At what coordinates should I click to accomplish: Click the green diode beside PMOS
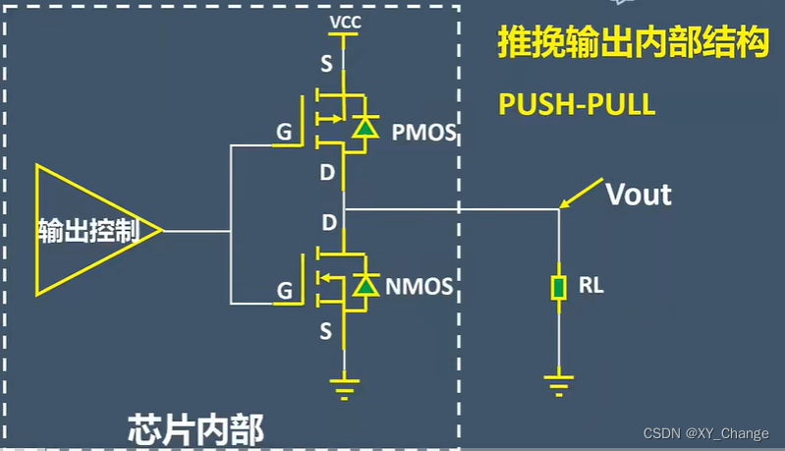[365, 127]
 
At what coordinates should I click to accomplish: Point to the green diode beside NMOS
[365, 286]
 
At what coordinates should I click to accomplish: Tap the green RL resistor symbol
[559, 288]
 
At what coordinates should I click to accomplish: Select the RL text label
[591, 287]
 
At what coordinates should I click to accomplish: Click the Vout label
[639, 194]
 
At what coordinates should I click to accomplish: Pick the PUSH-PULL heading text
[577, 105]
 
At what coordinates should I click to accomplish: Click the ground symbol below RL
[559, 383]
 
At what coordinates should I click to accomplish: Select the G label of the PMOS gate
[283, 133]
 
